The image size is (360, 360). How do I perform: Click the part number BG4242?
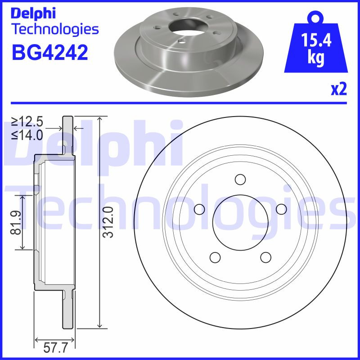pos(49,53)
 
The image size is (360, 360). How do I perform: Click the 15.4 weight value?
pos(316,41)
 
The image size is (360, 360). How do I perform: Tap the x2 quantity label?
pos(338,90)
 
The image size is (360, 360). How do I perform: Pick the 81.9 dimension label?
pos(17,222)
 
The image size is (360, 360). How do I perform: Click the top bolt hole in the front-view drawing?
pos(240,179)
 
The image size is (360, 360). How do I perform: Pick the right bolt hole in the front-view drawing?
pos(281,209)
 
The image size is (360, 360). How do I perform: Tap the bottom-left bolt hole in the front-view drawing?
pos(215,257)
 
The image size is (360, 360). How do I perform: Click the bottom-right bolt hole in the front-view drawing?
pos(265,257)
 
